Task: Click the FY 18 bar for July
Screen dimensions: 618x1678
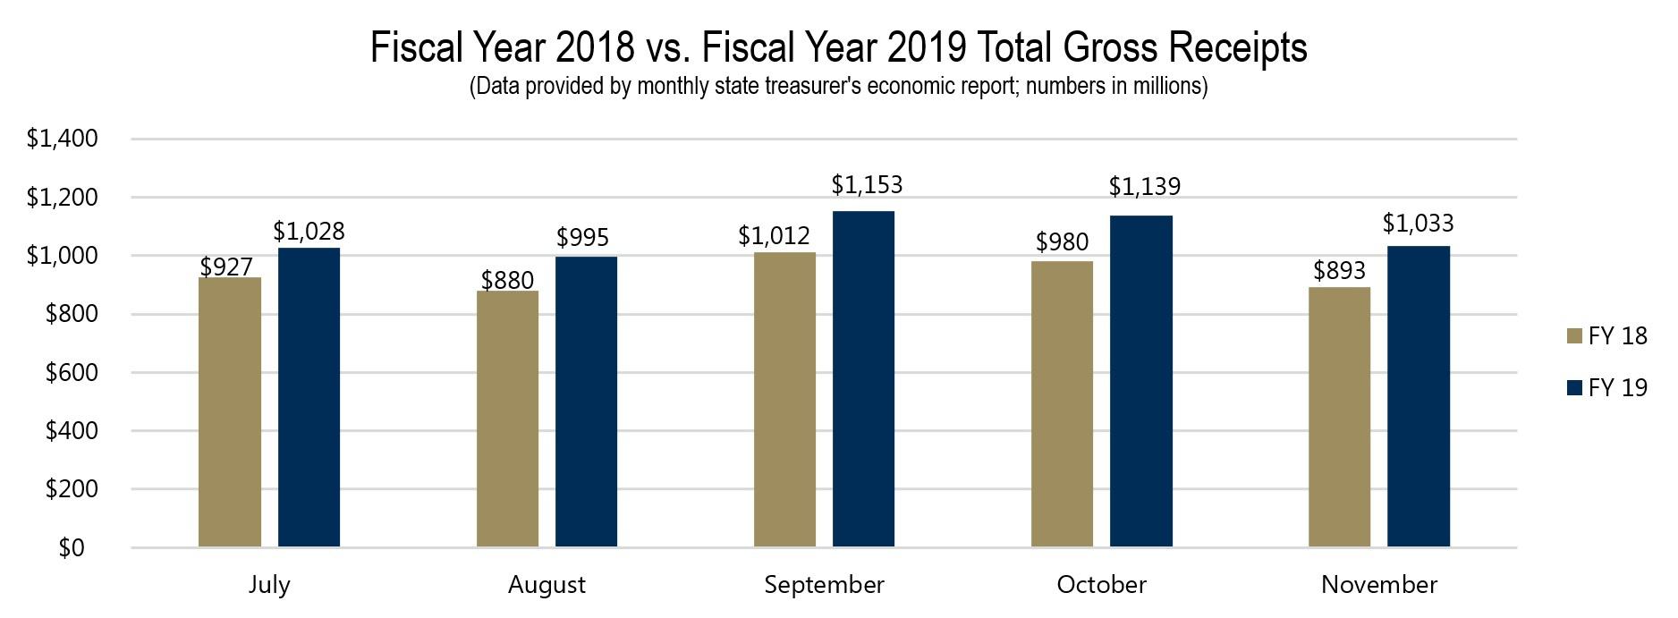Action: pos(230,411)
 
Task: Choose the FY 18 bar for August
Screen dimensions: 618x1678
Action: pos(507,419)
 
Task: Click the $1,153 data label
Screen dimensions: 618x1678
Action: pos(867,185)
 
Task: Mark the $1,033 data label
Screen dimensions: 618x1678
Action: pos(1418,223)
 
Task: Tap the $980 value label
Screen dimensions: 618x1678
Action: pos(1062,241)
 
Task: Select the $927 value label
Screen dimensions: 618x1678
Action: pos(226,267)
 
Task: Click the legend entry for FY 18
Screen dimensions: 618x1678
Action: pos(1607,336)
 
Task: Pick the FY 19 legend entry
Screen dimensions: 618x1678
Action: pos(1607,388)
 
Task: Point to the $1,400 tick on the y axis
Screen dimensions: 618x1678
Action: pos(62,140)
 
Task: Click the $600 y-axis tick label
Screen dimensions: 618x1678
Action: pos(71,373)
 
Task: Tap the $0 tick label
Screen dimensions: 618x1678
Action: pos(71,548)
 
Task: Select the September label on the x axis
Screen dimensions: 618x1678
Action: pos(824,585)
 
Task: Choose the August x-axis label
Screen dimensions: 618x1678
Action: pos(547,585)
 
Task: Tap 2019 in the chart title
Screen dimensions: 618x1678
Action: pos(927,47)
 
